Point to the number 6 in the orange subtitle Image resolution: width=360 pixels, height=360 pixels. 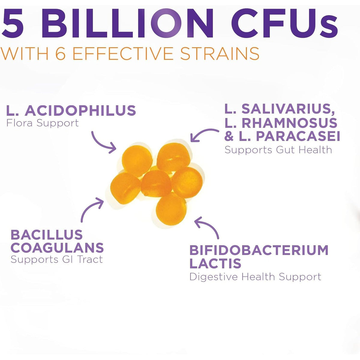pyautogui.click(x=61, y=53)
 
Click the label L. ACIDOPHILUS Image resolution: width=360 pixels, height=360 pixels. pyautogui.click(x=71, y=110)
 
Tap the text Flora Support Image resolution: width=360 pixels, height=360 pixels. pyautogui.click(x=43, y=123)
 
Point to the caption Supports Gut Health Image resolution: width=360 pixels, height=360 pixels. pyautogui.click(x=278, y=150)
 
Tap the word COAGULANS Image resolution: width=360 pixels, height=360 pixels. pyautogui.click(x=57, y=247)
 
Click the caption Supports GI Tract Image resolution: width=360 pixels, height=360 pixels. pyautogui.click(x=57, y=259)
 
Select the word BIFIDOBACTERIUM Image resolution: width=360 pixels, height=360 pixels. pyautogui.click(x=259, y=250)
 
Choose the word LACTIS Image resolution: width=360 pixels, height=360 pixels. pyautogui.click(x=215, y=263)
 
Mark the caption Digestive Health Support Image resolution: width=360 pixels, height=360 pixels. pyautogui.click(x=255, y=277)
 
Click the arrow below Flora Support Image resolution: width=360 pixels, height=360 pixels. pyautogui.click(x=100, y=143)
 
